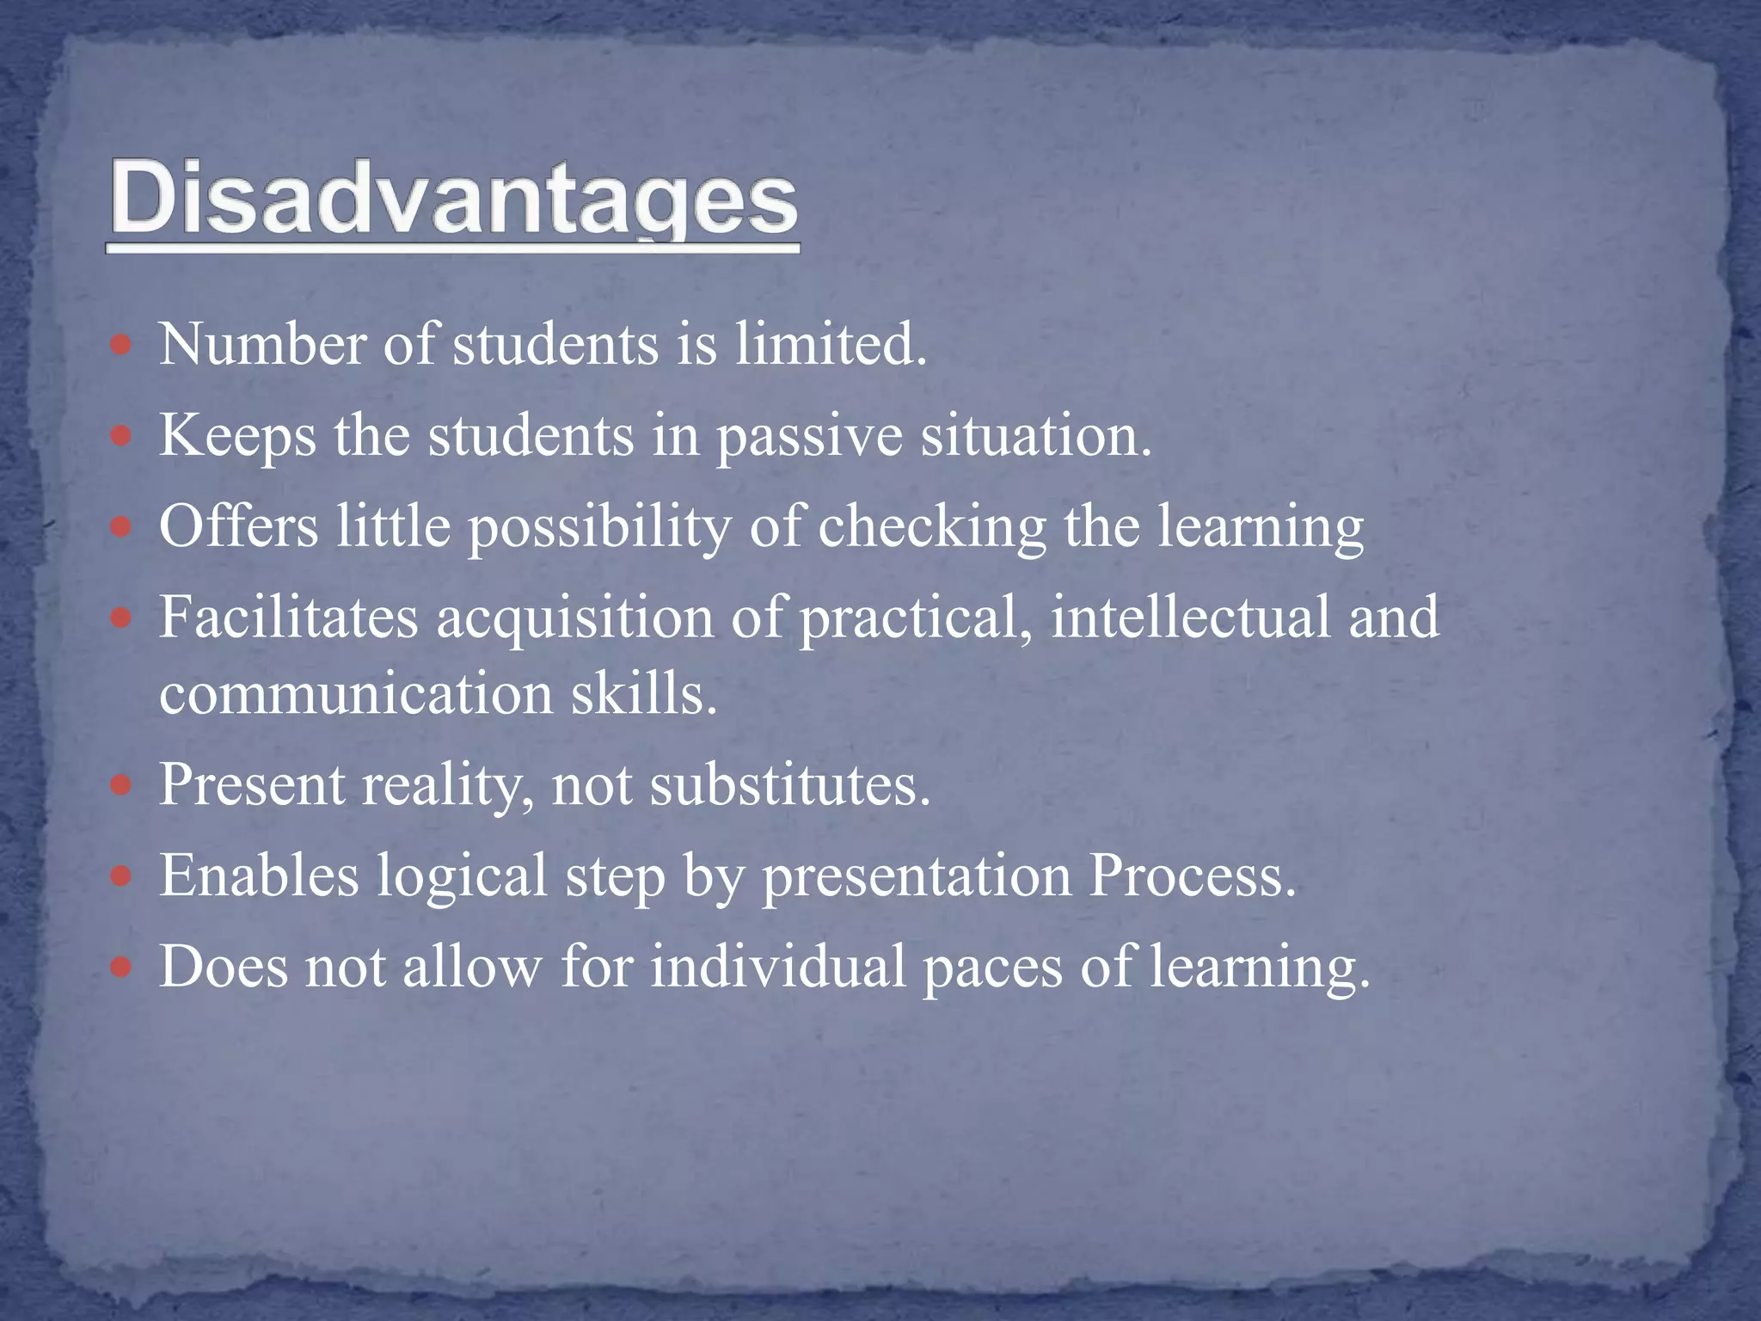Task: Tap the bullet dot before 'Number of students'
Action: [x=121, y=346]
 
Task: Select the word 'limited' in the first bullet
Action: [x=825, y=344]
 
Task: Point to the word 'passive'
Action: [x=809, y=436]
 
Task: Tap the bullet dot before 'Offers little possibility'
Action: [x=121, y=527]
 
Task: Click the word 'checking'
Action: [x=931, y=527]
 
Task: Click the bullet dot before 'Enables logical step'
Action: [x=121, y=877]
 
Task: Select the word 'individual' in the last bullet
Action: [x=777, y=967]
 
